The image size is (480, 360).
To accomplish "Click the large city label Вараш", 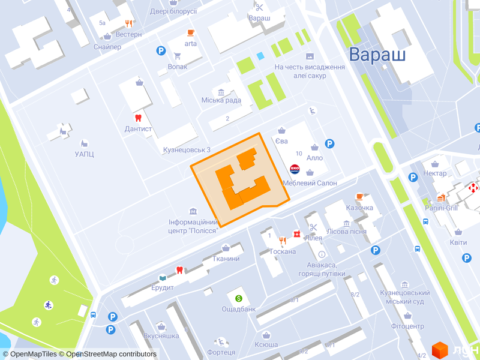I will coord(377,55).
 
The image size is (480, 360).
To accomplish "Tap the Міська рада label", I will coord(221,100).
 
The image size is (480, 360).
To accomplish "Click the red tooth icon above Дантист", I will coord(138,118).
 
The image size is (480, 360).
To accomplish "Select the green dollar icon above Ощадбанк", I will coord(238,298).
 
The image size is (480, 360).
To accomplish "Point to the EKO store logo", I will coord(295,169).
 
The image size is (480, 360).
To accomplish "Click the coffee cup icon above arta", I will coord(191,32).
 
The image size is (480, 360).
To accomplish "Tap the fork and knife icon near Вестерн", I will coord(128,23).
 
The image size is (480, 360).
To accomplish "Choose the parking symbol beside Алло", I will coord(329,143).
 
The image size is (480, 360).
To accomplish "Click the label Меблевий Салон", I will coord(310,183).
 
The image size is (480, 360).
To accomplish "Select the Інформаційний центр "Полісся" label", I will coord(193,226).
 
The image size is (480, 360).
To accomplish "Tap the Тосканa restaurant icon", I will coord(296,234).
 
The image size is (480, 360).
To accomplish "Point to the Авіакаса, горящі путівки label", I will coord(322,269).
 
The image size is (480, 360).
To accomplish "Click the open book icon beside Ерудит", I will coord(162,278).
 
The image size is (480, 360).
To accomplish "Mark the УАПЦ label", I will coord(85,154).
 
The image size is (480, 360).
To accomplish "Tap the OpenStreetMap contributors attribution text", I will coord(111,354).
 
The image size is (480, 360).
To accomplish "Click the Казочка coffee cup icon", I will coord(359,196).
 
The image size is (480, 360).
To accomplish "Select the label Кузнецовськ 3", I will coord(187,150).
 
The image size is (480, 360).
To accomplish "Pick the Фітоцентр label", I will coord(407,326).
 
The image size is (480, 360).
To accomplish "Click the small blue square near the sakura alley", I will coord(260,56).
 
